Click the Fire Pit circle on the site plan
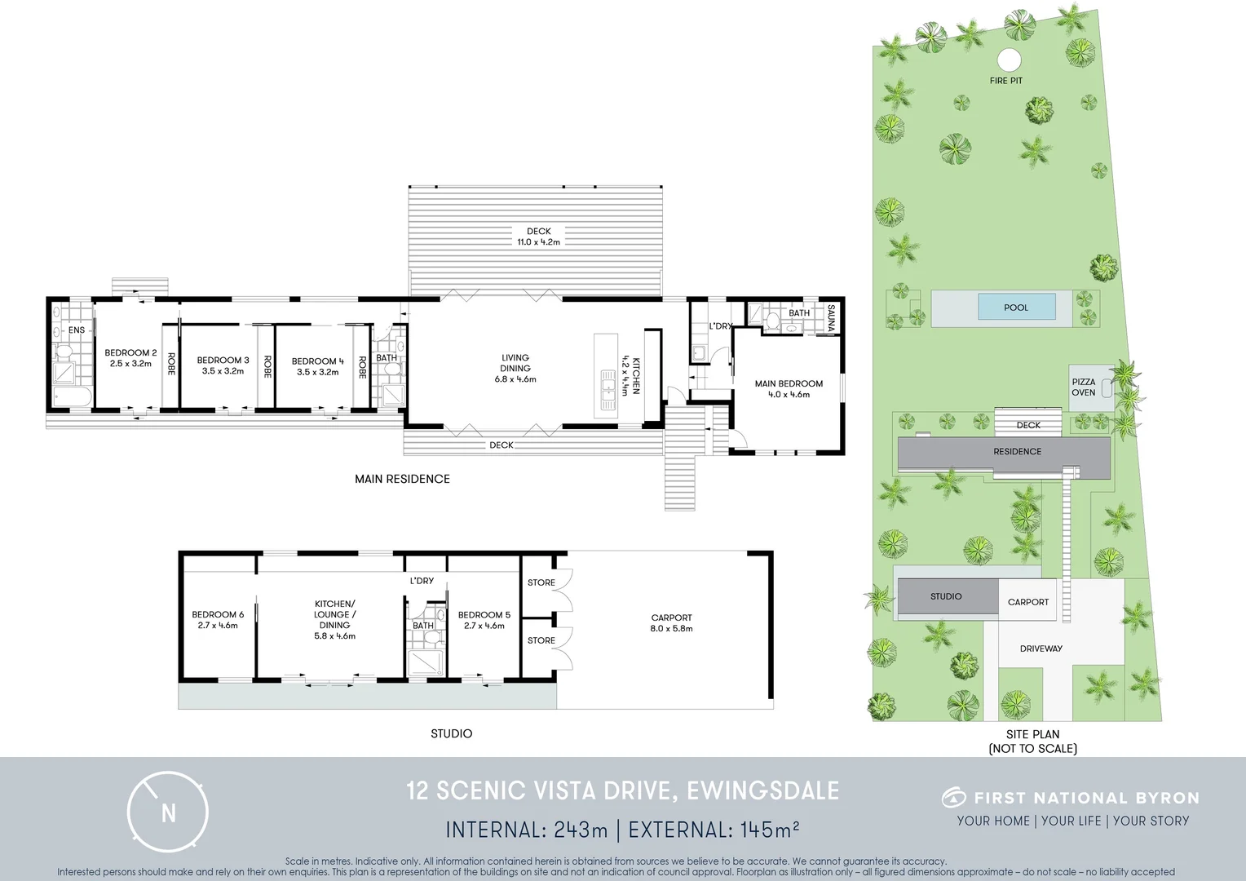tap(1009, 60)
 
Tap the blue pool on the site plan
tap(1017, 308)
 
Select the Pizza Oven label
tap(1083, 387)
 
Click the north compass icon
tap(168, 812)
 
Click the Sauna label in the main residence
tap(831, 317)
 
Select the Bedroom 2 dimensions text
tap(130, 364)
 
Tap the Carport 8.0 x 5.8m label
tap(671, 623)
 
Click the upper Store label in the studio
tap(541, 582)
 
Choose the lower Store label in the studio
tap(541, 640)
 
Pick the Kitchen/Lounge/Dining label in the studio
tap(334, 620)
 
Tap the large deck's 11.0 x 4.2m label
tap(538, 242)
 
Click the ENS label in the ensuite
tap(76, 330)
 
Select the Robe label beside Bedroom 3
tap(267, 366)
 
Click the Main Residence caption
tap(402, 479)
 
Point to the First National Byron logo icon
tap(953, 797)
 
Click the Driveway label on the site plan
tap(1041, 649)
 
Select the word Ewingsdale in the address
tap(763, 791)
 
